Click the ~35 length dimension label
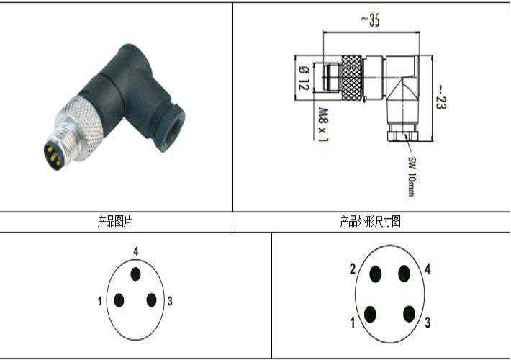pyautogui.click(x=371, y=20)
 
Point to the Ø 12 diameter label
pyautogui.click(x=304, y=78)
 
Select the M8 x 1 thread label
pyautogui.click(x=323, y=125)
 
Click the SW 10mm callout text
pyautogui.click(x=412, y=176)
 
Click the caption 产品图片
pyautogui.click(x=114, y=222)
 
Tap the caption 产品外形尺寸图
pyautogui.click(x=370, y=222)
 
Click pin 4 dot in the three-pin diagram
pyautogui.click(x=135, y=274)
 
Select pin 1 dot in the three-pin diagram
pyautogui.click(x=119, y=300)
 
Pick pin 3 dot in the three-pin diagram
pyautogui.click(x=151, y=300)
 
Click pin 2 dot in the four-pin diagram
pyautogui.click(x=376, y=274)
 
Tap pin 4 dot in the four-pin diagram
pyautogui.click(x=404, y=274)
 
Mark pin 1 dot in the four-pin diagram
pyautogui.click(x=370, y=315)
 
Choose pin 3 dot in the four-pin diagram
pyautogui.click(x=409, y=315)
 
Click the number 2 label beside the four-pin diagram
pyautogui.click(x=353, y=269)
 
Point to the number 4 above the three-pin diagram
pyautogui.click(x=136, y=251)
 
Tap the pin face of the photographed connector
pyautogui.click(x=53, y=156)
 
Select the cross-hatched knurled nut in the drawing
pyautogui.click(x=352, y=78)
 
